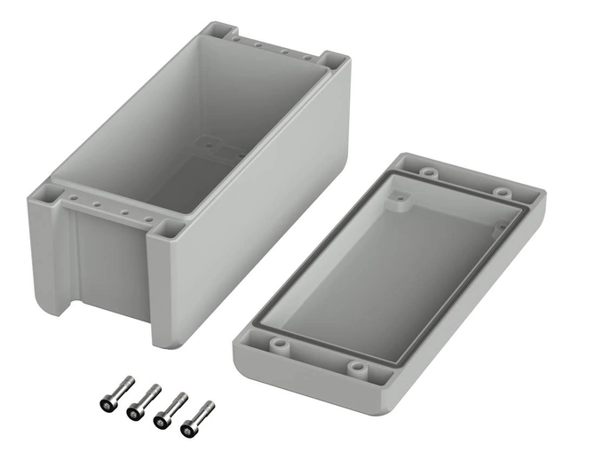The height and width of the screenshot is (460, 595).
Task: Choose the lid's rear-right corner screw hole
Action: tap(503, 191)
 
